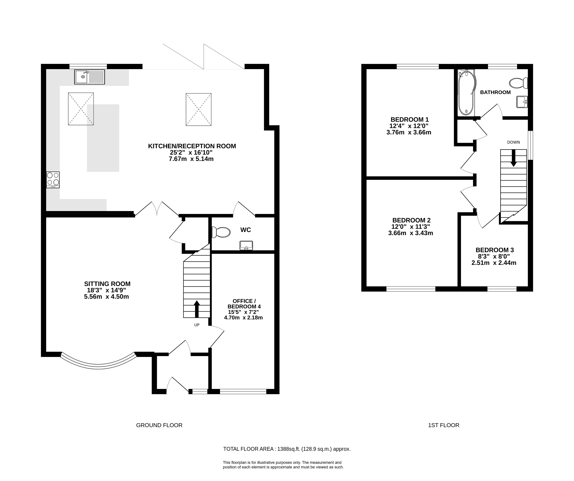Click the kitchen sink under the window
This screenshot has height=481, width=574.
(x=89, y=77)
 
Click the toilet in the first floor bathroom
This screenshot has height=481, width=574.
(x=519, y=83)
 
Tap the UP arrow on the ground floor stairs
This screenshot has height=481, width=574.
(x=197, y=309)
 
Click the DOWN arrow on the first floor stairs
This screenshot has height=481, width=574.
(x=514, y=158)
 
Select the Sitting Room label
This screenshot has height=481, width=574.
(x=107, y=284)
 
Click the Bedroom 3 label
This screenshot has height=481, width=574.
(x=495, y=250)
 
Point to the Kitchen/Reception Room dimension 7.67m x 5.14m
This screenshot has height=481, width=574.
(x=191, y=159)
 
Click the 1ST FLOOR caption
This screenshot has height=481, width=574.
(x=444, y=425)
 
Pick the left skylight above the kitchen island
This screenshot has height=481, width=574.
(x=81, y=109)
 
